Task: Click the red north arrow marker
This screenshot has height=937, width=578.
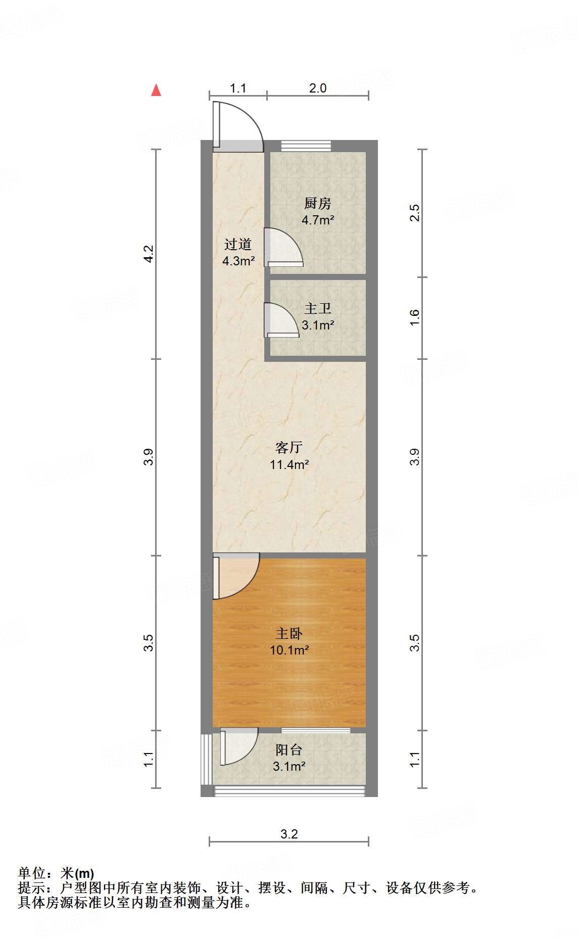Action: [156, 90]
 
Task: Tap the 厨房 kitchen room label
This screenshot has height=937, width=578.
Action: [318, 203]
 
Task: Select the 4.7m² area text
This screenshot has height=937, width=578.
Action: [318, 220]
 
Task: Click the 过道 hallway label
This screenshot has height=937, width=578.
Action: [238, 245]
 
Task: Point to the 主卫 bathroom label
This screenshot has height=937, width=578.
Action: [318, 308]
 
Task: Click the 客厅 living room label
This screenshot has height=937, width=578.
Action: [289, 447]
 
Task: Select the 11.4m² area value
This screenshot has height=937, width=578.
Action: [289, 464]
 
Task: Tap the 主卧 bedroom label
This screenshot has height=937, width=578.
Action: [289, 633]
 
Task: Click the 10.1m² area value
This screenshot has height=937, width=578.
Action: [289, 650]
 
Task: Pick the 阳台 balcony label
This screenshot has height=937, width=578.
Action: [289, 749]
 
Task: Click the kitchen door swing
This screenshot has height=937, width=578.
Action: [283, 248]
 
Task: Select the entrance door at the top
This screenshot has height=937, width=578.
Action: [236, 126]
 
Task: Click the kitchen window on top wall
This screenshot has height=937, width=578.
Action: [306, 146]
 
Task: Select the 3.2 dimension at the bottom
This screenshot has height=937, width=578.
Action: [289, 834]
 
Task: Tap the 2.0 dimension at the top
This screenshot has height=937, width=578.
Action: [318, 88]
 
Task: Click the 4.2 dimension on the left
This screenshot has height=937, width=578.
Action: [148, 253]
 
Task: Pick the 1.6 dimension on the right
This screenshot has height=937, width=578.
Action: [414, 317]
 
